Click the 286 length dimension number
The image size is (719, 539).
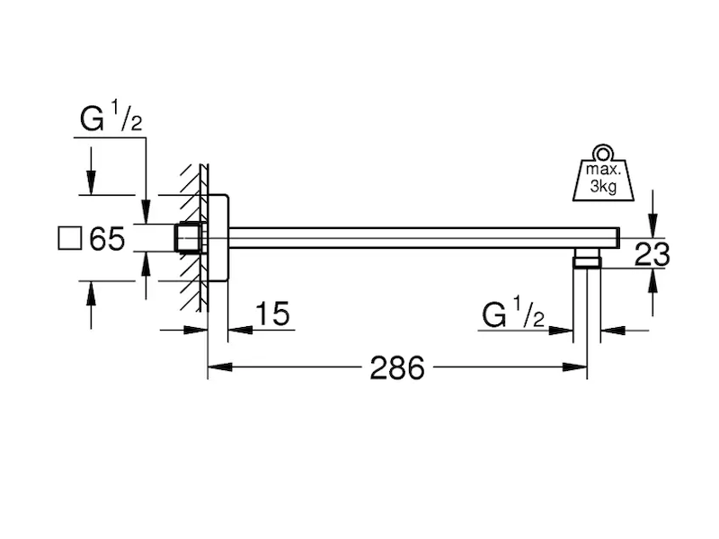[397, 367]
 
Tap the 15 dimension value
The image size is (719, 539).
[272, 314]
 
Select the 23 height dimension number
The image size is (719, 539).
[652, 254]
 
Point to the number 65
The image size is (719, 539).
[107, 239]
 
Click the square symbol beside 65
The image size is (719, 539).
[70, 238]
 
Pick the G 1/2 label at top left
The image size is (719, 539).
[111, 118]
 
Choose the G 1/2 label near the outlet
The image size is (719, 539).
[513, 313]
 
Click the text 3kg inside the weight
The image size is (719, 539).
[603, 187]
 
